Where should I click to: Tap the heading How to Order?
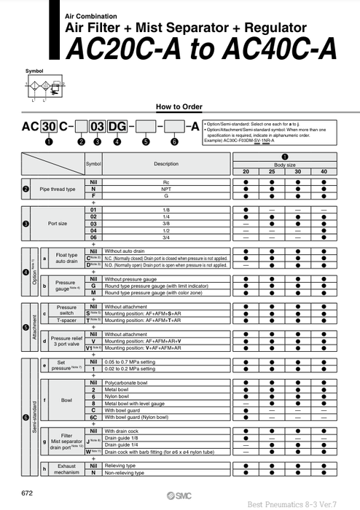(179, 106)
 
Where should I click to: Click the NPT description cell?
(166, 187)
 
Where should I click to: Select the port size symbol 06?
(93, 237)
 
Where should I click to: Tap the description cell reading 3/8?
(166, 223)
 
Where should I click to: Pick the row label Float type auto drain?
(66, 259)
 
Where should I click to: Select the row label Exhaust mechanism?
(66, 468)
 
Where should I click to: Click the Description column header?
(166, 164)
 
